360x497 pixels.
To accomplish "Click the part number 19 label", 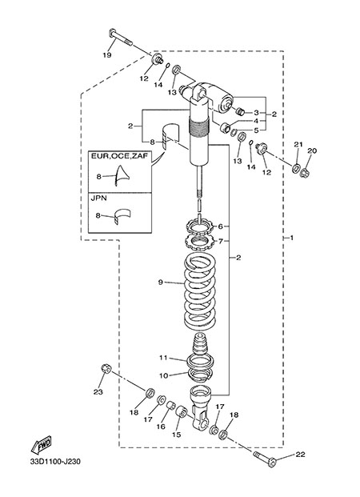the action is [107, 55].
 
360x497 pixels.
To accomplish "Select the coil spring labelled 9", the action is [200, 291].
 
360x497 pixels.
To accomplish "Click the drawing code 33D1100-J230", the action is [55, 462].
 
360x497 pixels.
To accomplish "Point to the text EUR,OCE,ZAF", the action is [119, 156].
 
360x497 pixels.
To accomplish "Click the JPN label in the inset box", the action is [99, 198].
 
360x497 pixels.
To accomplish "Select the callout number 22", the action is [301, 455].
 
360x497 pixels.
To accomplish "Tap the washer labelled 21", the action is [297, 167].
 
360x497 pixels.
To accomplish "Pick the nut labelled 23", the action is [106, 369].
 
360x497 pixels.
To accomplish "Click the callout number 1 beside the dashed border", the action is [292, 238].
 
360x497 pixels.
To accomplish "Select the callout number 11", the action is [163, 358].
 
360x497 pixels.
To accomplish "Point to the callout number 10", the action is [163, 375].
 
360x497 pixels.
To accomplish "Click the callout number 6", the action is [221, 226].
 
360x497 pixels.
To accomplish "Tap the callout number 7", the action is [221, 241].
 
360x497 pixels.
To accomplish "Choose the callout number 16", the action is [161, 427].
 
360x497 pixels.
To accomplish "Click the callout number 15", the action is [177, 435].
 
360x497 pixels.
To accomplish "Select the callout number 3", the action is [256, 113].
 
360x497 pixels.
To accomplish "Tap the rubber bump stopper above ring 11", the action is [200, 345].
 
